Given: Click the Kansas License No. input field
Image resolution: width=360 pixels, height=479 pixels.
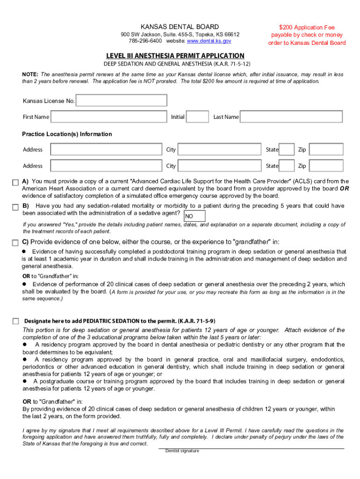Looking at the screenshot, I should click(121, 101).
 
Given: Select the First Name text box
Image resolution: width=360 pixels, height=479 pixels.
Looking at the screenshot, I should click(108, 116).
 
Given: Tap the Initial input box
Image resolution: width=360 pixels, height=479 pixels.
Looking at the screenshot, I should click(198, 116).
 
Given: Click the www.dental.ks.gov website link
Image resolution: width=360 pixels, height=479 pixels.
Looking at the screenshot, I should click(209, 42).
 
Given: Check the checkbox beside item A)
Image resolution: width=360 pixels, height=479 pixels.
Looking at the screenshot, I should click(15, 182).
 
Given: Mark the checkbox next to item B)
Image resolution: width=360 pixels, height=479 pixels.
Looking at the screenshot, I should click(15, 207).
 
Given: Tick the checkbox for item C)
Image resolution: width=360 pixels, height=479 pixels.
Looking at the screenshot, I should click(15, 242).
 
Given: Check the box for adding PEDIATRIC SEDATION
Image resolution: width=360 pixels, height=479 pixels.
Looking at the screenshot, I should click(15, 321).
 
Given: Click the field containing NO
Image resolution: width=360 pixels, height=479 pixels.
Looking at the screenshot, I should click(194, 216).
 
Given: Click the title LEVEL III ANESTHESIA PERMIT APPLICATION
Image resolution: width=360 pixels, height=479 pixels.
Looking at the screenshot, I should click(175, 55).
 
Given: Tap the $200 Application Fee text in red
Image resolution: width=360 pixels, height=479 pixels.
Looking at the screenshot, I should click(307, 28).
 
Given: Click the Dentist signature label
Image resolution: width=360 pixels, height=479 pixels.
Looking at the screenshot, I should click(182, 451).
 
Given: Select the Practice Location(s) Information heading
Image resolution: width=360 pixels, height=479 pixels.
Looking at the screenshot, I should click(67, 134).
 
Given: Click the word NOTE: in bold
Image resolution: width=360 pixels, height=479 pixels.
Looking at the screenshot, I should click(30, 74).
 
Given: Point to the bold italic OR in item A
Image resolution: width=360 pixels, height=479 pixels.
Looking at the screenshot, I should click(344, 189).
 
